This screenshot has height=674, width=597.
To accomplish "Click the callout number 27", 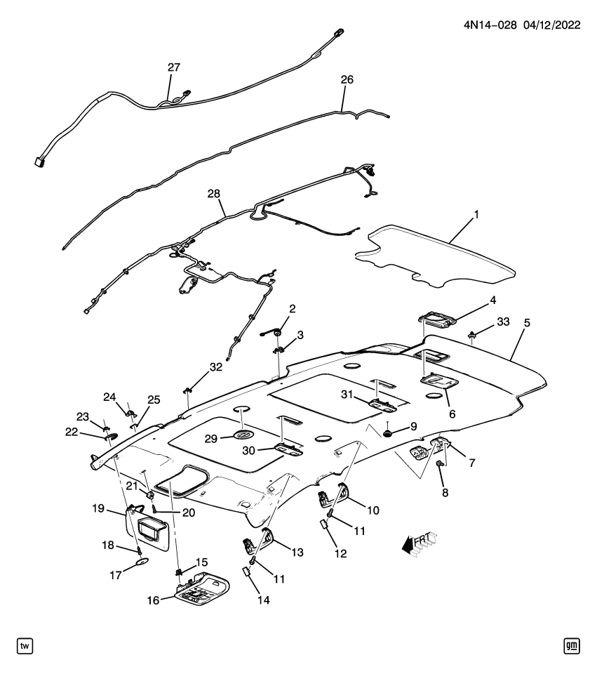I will click(x=173, y=67).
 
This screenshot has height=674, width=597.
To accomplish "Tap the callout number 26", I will click(x=347, y=80).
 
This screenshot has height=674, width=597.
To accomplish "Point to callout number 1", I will click(x=476, y=213).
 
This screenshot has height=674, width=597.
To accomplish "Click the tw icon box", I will click(x=25, y=645).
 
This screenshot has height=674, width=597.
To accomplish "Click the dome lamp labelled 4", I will click(x=441, y=320).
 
